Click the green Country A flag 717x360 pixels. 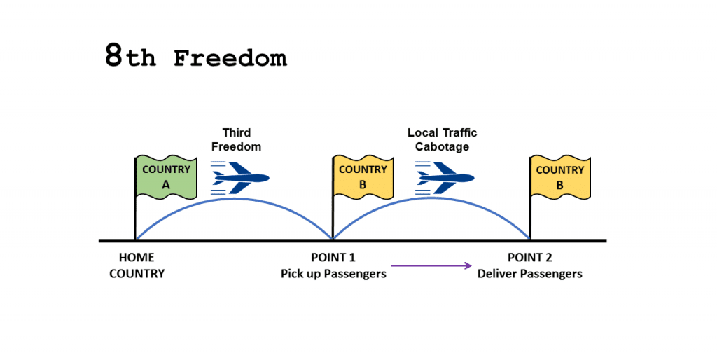[x=167, y=177]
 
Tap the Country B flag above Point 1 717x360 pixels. [x=363, y=177]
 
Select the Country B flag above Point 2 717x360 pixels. [x=560, y=177]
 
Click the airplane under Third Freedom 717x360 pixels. [x=240, y=178]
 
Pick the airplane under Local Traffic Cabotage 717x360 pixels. [x=445, y=178]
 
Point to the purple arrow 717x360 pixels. [x=431, y=265]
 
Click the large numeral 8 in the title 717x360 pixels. [x=114, y=55]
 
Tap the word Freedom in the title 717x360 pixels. [x=230, y=59]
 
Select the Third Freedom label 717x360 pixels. [x=237, y=139]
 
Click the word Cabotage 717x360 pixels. [x=443, y=147]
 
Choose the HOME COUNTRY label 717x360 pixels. [x=137, y=265]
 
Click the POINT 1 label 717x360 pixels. [x=333, y=258]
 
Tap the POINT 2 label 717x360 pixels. [x=529, y=258]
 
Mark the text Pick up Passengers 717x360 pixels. [x=333, y=274]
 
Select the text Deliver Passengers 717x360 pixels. [x=530, y=274]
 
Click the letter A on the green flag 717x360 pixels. [x=166, y=185]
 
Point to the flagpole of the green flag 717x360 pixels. [x=135, y=198]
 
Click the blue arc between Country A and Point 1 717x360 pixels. [x=234, y=198]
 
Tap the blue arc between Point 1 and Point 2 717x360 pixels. [x=431, y=198]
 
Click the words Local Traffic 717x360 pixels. [x=443, y=132]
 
